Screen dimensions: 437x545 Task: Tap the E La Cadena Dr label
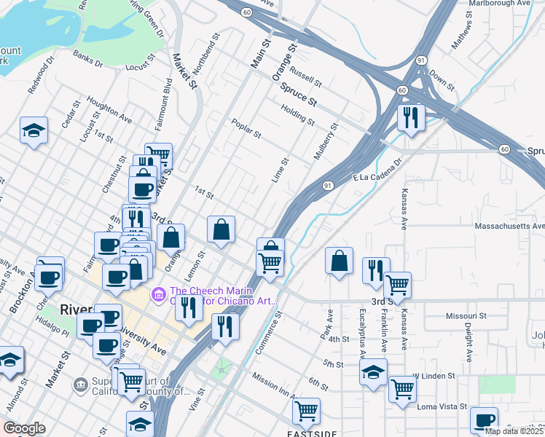click(x=378, y=171)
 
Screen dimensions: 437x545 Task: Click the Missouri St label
click(x=466, y=316)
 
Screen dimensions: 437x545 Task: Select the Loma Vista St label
click(x=436, y=406)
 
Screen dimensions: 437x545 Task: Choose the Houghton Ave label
click(x=109, y=110)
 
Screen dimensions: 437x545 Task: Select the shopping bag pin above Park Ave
click(x=340, y=261)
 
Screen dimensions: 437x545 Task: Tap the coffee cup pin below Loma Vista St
click(x=484, y=421)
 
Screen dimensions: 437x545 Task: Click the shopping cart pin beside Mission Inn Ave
click(x=306, y=411)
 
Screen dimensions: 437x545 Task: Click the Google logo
click(x=25, y=428)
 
